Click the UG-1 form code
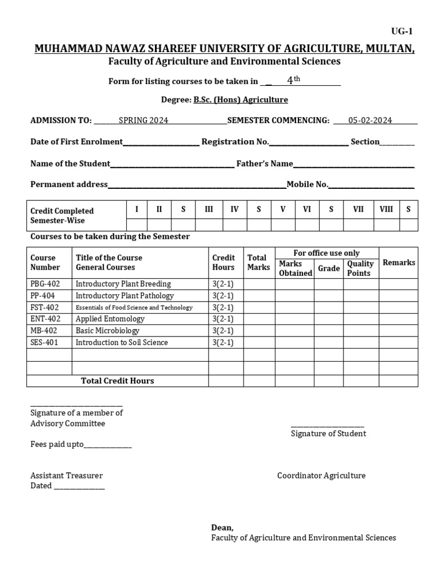401,32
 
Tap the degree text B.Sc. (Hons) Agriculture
240,100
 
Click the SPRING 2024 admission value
143,120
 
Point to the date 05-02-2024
370,120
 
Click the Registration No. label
235,141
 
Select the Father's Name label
265,164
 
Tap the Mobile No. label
308,184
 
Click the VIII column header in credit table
386,209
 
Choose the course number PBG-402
45,284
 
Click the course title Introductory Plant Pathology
125,296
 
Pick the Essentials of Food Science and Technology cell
134,307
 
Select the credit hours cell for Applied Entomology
223,319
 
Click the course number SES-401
44,342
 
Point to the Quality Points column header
360,268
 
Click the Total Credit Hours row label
117,381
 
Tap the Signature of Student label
328,433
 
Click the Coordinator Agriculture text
321,476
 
